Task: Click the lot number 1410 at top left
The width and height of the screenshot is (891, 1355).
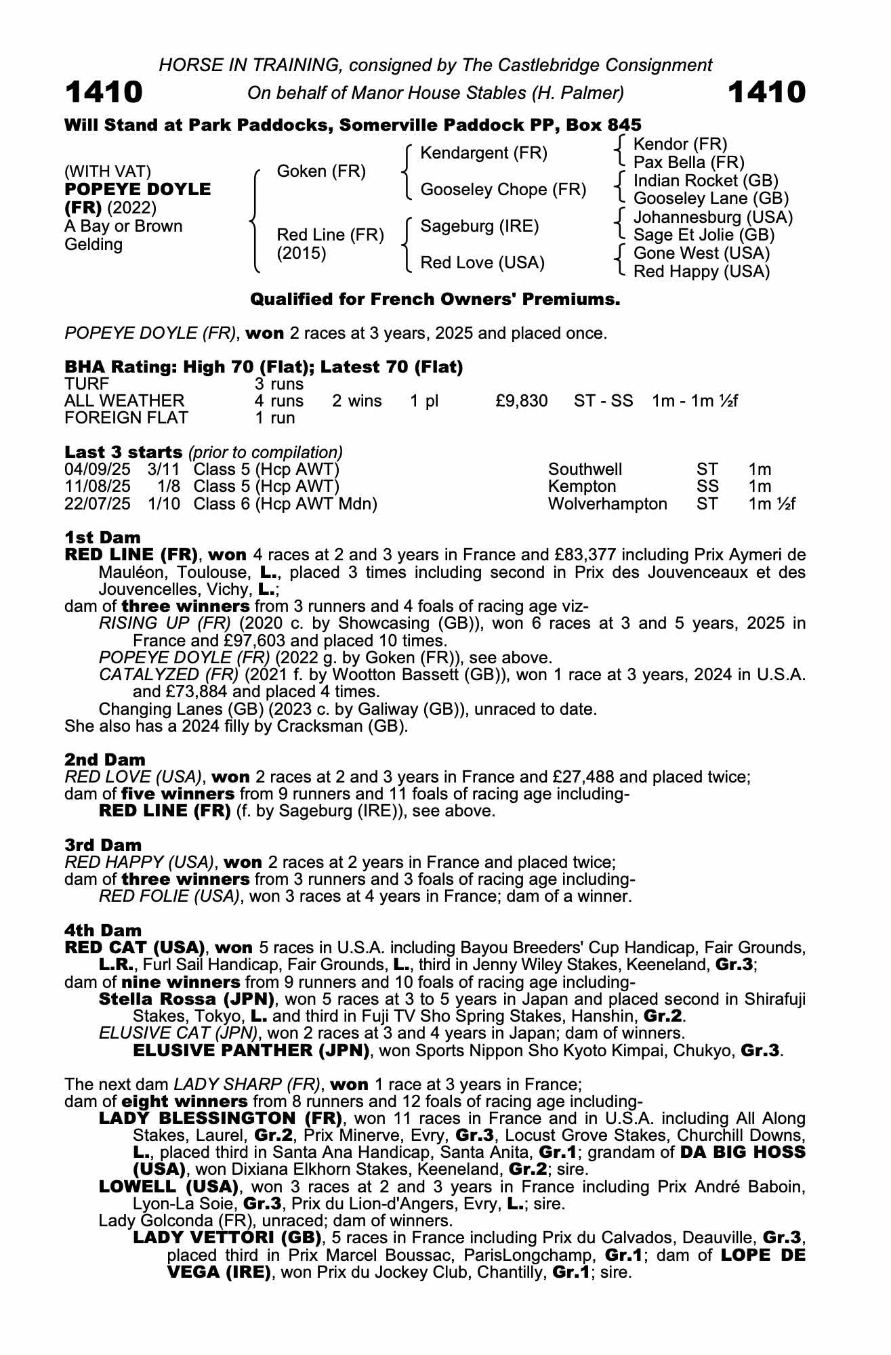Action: click(x=104, y=92)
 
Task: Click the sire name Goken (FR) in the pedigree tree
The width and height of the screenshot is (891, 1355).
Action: click(x=321, y=171)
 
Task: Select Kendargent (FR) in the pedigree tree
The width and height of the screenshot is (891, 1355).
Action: click(x=484, y=153)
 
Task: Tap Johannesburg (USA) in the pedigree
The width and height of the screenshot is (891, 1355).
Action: click(x=713, y=217)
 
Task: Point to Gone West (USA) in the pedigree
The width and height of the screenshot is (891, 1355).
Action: click(x=701, y=253)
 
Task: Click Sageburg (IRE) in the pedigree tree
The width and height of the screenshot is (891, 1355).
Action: click(x=480, y=226)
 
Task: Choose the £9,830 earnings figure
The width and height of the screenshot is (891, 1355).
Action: click(x=521, y=401)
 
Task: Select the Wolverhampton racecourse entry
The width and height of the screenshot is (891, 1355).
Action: click(x=607, y=504)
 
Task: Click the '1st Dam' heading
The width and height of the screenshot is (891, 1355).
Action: click(x=102, y=538)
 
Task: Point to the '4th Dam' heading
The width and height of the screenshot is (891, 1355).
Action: click(x=103, y=931)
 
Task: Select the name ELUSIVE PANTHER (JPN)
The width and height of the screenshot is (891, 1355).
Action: click(x=251, y=1051)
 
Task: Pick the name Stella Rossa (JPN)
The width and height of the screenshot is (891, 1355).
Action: click(x=186, y=999)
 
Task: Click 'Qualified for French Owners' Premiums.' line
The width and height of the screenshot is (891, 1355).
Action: click(x=435, y=299)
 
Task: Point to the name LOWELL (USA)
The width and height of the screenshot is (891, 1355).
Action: click(x=169, y=1187)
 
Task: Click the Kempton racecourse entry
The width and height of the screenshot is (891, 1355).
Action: click(x=582, y=486)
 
